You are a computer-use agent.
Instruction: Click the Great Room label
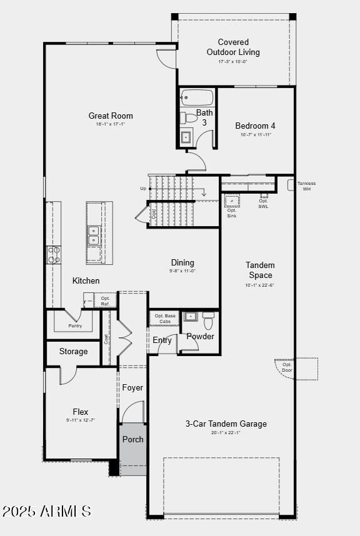(111, 116)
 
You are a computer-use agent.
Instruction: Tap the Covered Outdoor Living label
(233, 47)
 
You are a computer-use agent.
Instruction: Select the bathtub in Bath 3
(197, 98)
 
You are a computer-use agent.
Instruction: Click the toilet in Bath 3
(189, 117)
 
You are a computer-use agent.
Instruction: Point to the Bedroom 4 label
(255, 126)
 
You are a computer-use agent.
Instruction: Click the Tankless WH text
(306, 186)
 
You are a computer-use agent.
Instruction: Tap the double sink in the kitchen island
(94, 235)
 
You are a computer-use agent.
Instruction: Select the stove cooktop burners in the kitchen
(54, 255)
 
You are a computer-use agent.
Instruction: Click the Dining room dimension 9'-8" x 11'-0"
(182, 271)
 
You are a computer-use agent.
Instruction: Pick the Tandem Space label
(260, 270)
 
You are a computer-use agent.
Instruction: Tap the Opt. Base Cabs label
(165, 319)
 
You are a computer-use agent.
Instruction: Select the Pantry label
(75, 325)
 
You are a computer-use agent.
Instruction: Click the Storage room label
(74, 352)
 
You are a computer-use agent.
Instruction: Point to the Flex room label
(80, 412)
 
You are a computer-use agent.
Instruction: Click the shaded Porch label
(132, 439)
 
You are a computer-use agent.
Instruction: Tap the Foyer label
(132, 387)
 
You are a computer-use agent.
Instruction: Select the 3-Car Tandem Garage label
(226, 424)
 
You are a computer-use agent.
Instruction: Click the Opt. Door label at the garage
(287, 367)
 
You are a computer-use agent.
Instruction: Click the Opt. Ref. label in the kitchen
(106, 301)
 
